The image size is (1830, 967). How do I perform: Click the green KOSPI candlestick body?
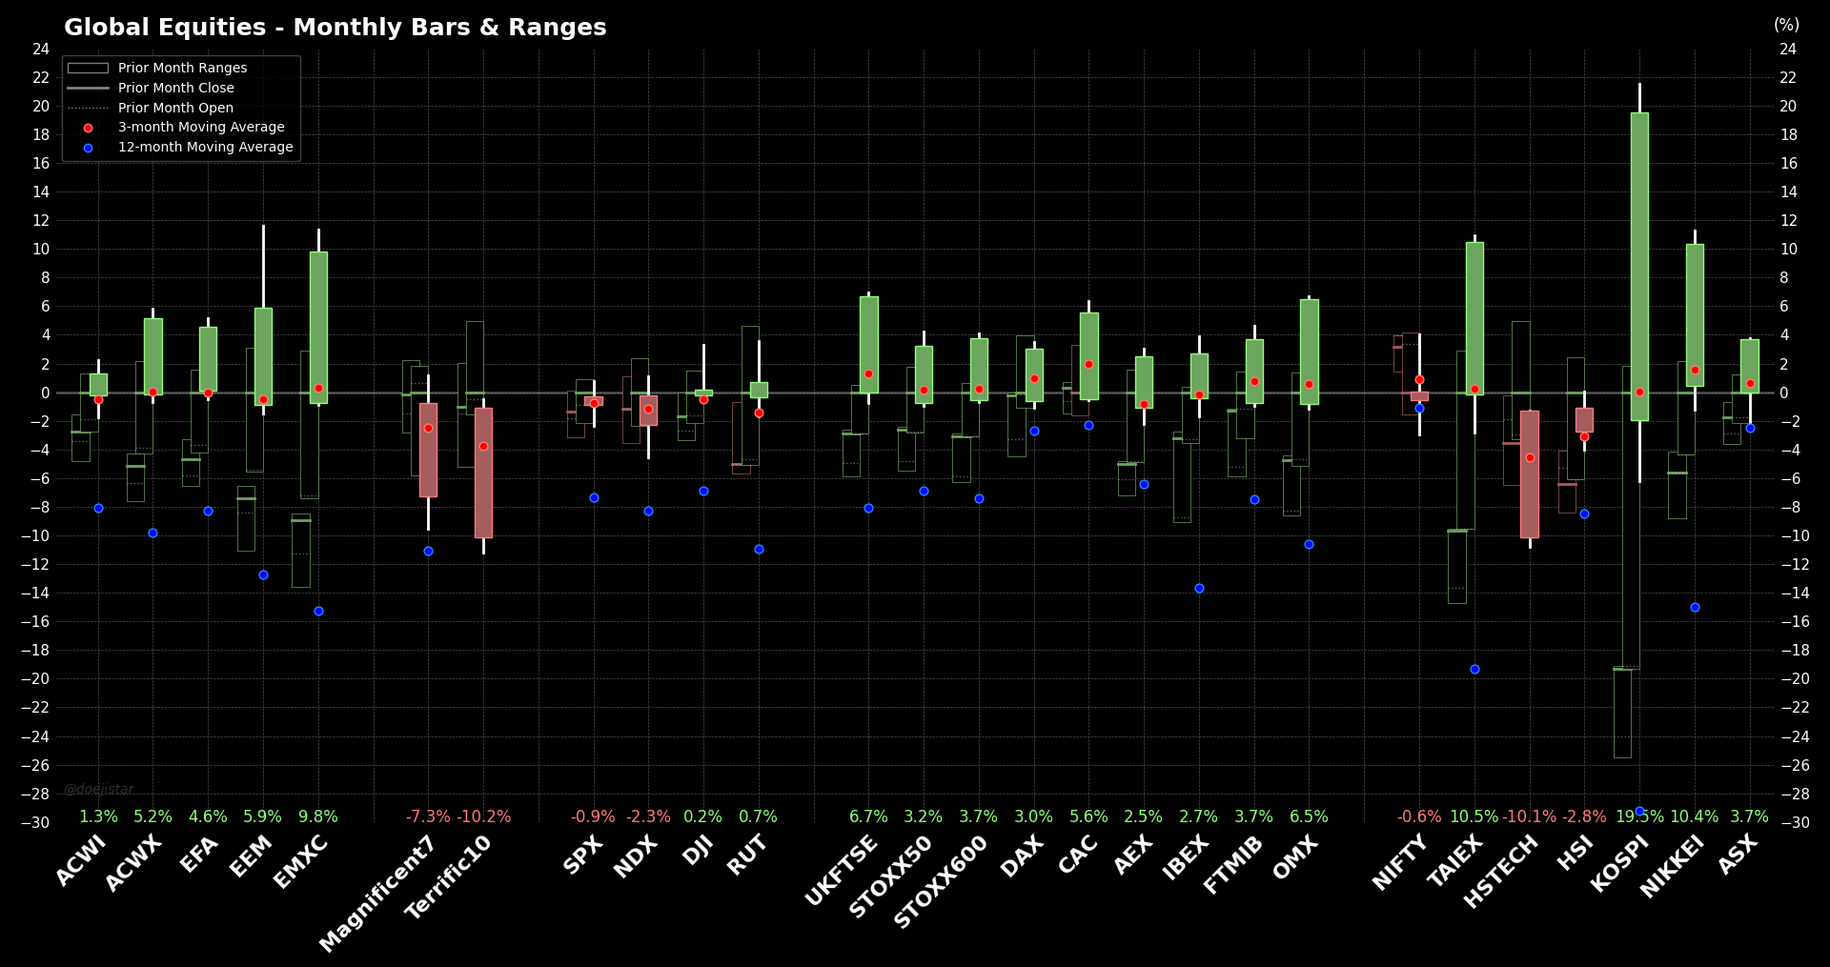click(x=1639, y=267)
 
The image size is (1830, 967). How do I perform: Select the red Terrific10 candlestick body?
click(x=483, y=473)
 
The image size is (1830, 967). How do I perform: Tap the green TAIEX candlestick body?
click(x=1474, y=318)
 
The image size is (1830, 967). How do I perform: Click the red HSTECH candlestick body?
click(x=1530, y=474)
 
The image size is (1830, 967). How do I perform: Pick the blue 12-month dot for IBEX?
click(x=1199, y=588)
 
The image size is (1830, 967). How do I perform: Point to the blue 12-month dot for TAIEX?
click(x=1474, y=669)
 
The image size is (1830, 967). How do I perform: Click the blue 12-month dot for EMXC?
click(x=318, y=611)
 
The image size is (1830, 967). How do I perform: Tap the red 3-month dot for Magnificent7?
click(x=428, y=428)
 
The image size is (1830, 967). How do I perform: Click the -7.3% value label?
click(x=428, y=816)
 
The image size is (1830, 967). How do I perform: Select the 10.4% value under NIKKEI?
click(x=1694, y=816)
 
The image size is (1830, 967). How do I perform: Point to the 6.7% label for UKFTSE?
click(x=868, y=816)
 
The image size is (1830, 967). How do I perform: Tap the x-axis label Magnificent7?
click(x=378, y=893)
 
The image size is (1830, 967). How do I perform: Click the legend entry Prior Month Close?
click(x=175, y=88)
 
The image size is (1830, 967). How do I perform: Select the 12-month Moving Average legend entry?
click(x=205, y=147)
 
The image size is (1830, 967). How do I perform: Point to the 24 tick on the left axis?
click(x=41, y=50)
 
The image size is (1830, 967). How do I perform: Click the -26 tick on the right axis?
click(x=1788, y=765)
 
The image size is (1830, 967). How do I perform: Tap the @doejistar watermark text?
click(x=99, y=789)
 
